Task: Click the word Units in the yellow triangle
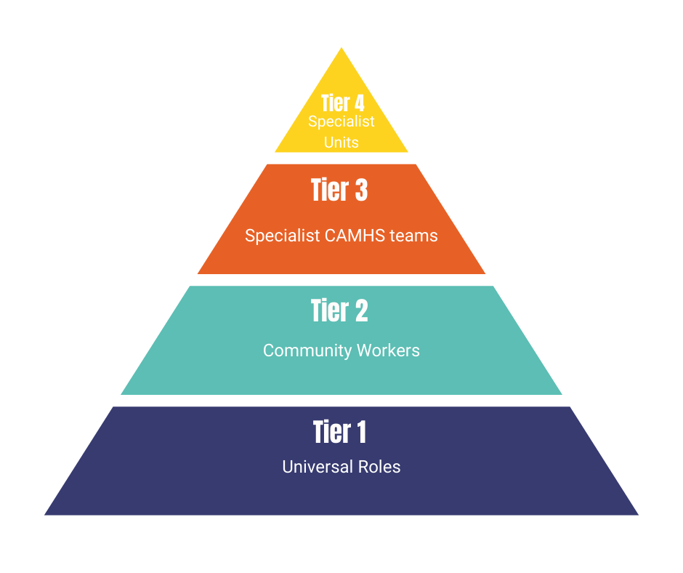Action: pos(341,143)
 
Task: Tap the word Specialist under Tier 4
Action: pos(341,121)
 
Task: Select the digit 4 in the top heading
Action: pos(360,103)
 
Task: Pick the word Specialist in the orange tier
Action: pos(283,236)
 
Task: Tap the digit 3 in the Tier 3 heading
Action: pos(361,190)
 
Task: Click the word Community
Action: pos(307,351)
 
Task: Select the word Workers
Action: pos(388,350)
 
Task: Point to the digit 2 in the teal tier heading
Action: pos(362,310)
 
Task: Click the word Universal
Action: pos(318,467)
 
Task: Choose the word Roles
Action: pos(379,467)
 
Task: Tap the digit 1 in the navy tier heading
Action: pos(362,432)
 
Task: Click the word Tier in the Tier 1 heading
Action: pos(332,432)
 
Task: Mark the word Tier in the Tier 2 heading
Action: pos(330,310)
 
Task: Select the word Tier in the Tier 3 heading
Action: pos(330,190)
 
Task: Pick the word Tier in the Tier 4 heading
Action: pos(336,103)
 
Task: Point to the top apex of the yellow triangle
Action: pos(341,47)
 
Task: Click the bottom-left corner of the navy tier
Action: pos(44,515)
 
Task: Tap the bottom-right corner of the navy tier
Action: pos(639,515)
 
